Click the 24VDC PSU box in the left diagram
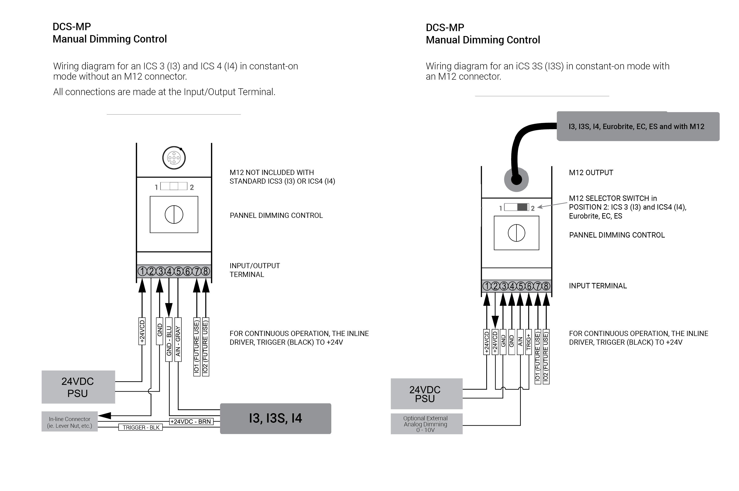click(x=78, y=387)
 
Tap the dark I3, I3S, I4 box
click(x=275, y=418)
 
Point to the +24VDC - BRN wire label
click(x=191, y=421)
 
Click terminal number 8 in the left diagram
click(x=206, y=271)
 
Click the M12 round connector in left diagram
click(x=174, y=158)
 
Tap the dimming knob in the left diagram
click(x=174, y=215)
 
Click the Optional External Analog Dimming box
click(x=426, y=424)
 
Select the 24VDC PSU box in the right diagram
click(x=426, y=394)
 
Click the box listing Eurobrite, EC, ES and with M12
click(x=638, y=127)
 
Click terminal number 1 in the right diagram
click(x=487, y=286)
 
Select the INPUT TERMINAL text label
click(x=598, y=286)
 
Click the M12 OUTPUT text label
click(x=591, y=172)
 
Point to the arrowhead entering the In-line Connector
click(x=105, y=416)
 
